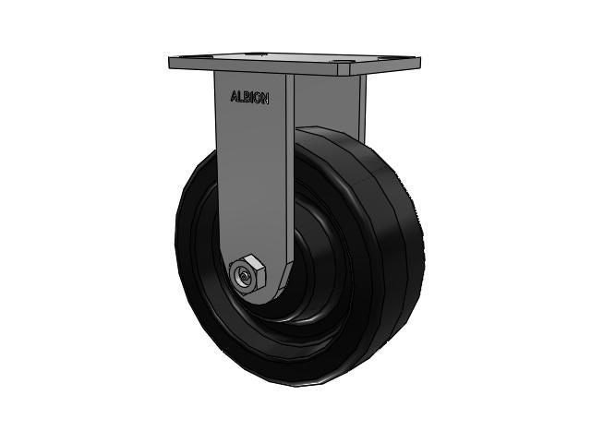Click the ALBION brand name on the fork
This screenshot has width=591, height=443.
point(248,98)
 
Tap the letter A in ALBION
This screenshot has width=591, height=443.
point(233,96)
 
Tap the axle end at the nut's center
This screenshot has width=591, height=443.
point(243,276)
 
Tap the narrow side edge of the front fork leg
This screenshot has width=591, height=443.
point(290,166)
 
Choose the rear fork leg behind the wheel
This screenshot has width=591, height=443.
point(356,102)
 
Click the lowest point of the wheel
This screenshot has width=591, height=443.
point(295,385)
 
